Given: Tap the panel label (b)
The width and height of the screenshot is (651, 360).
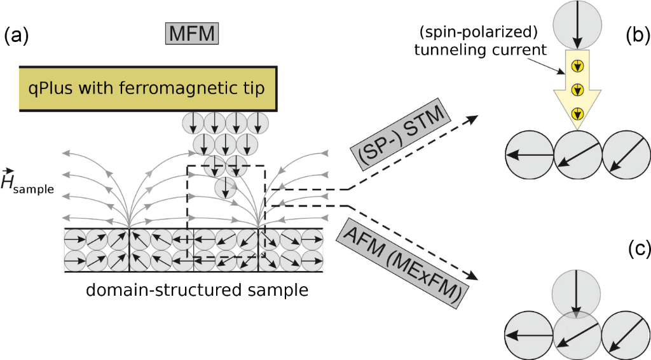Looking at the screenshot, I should (636, 36).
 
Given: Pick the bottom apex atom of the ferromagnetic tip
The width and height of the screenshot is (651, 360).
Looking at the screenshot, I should (225, 188).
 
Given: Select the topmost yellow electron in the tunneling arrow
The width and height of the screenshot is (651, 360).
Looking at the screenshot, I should (577, 64).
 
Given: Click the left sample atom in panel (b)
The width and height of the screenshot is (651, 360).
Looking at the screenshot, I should (529, 155).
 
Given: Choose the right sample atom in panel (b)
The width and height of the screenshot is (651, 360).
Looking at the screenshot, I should (626, 155).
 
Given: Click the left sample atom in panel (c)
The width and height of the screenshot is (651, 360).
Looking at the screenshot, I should (529, 333).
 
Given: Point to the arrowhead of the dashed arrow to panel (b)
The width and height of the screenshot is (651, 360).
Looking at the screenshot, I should (476, 116).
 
